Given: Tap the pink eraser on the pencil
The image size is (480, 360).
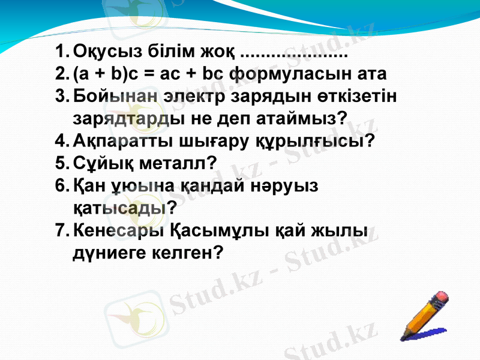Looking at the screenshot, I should [x=441, y=296].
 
